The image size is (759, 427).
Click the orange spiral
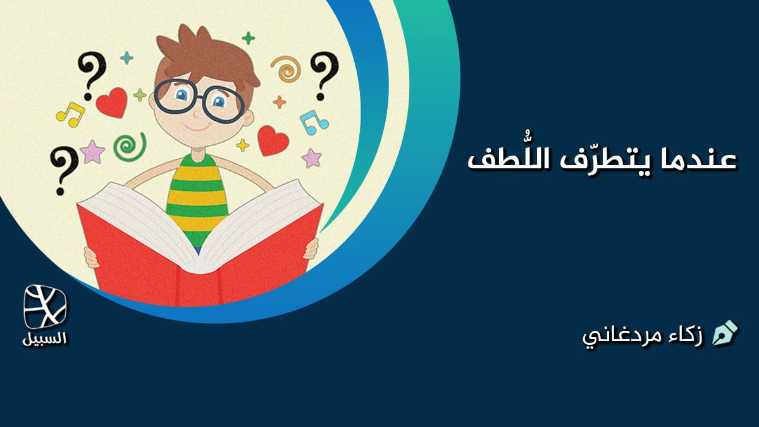(287, 69)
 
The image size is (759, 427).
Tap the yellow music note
(71, 114)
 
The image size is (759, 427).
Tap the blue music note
(314, 122)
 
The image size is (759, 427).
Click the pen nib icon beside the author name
(725, 333)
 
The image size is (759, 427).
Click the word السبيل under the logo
(44, 338)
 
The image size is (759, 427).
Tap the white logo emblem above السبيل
(45, 307)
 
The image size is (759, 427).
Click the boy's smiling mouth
(197, 127)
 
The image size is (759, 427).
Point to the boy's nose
(197, 113)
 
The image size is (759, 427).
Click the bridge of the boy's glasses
(200, 98)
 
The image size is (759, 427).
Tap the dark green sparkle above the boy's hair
(248, 38)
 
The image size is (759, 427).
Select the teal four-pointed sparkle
(126, 58)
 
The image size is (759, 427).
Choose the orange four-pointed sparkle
(280, 102)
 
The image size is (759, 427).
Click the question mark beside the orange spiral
(324, 77)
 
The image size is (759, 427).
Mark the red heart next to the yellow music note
(112, 102)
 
